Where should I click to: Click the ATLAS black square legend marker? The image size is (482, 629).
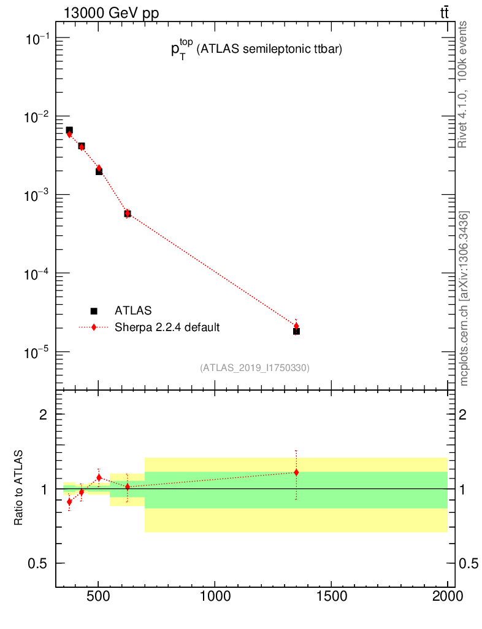coord(94,311)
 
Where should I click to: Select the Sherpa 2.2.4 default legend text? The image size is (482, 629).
coord(167,327)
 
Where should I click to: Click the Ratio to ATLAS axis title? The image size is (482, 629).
coord(18,488)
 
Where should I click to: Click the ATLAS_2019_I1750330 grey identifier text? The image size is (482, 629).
coord(254,368)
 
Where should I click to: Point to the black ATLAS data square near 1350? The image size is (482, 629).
coord(296,331)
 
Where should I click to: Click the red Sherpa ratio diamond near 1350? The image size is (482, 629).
coord(296,472)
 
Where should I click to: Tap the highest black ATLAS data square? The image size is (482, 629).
coord(69,130)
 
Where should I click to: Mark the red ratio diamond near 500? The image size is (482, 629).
coord(99,477)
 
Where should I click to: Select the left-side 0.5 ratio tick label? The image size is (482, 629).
coord(38,564)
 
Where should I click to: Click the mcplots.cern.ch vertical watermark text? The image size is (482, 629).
coord(465,298)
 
